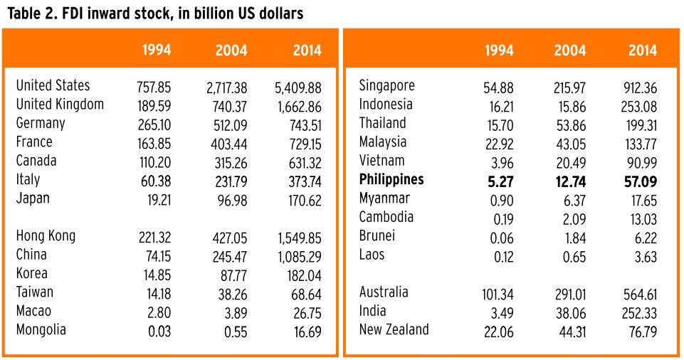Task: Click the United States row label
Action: coord(53,86)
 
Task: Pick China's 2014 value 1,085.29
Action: coord(298,255)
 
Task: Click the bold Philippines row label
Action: coord(391,180)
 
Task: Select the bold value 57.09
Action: coord(638,181)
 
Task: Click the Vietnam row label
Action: coord(382,162)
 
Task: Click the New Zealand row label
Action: coord(394,330)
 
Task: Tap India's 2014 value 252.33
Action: coord(638,312)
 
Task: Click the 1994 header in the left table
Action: coord(156,51)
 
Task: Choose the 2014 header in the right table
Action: coord(642,51)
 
